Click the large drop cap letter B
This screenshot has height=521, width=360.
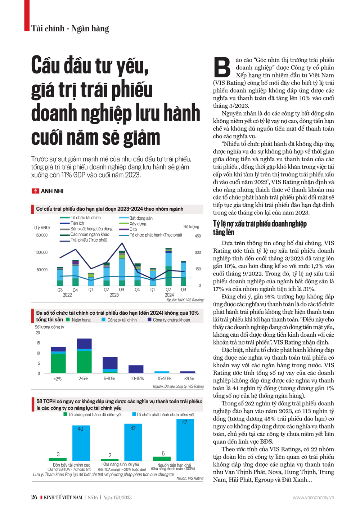[x=222, y=67]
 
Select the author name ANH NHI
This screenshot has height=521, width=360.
[x=52, y=191]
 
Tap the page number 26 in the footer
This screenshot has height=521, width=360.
[x=34, y=497]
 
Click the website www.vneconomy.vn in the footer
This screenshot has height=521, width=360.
[x=313, y=498]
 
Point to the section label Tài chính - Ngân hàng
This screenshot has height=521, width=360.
[x=70, y=28]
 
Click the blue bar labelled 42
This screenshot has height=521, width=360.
[x=133, y=442]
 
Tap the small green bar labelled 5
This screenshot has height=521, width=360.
[x=162, y=458]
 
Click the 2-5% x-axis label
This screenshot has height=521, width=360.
[x=84, y=379]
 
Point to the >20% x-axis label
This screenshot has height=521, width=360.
[x=188, y=379]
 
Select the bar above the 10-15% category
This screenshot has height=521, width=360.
[x=136, y=369]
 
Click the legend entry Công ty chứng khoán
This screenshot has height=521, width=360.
[x=171, y=320]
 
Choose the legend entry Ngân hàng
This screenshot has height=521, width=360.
[x=81, y=320]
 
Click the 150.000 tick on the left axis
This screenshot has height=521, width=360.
[x=41, y=235]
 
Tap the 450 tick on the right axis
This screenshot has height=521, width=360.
[x=198, y=236]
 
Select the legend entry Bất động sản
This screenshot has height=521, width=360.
[x=140, y=218]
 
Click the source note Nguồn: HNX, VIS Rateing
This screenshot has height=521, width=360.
[x=185, y=300]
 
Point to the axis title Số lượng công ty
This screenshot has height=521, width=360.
[x=49, y=327]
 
